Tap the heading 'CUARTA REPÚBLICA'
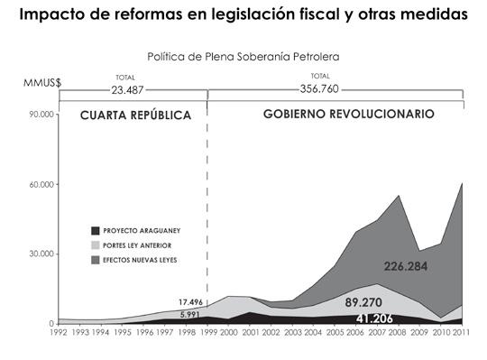135,115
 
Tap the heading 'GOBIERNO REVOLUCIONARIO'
349,115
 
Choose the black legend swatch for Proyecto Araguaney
96,230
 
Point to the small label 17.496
190,301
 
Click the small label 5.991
190,313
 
